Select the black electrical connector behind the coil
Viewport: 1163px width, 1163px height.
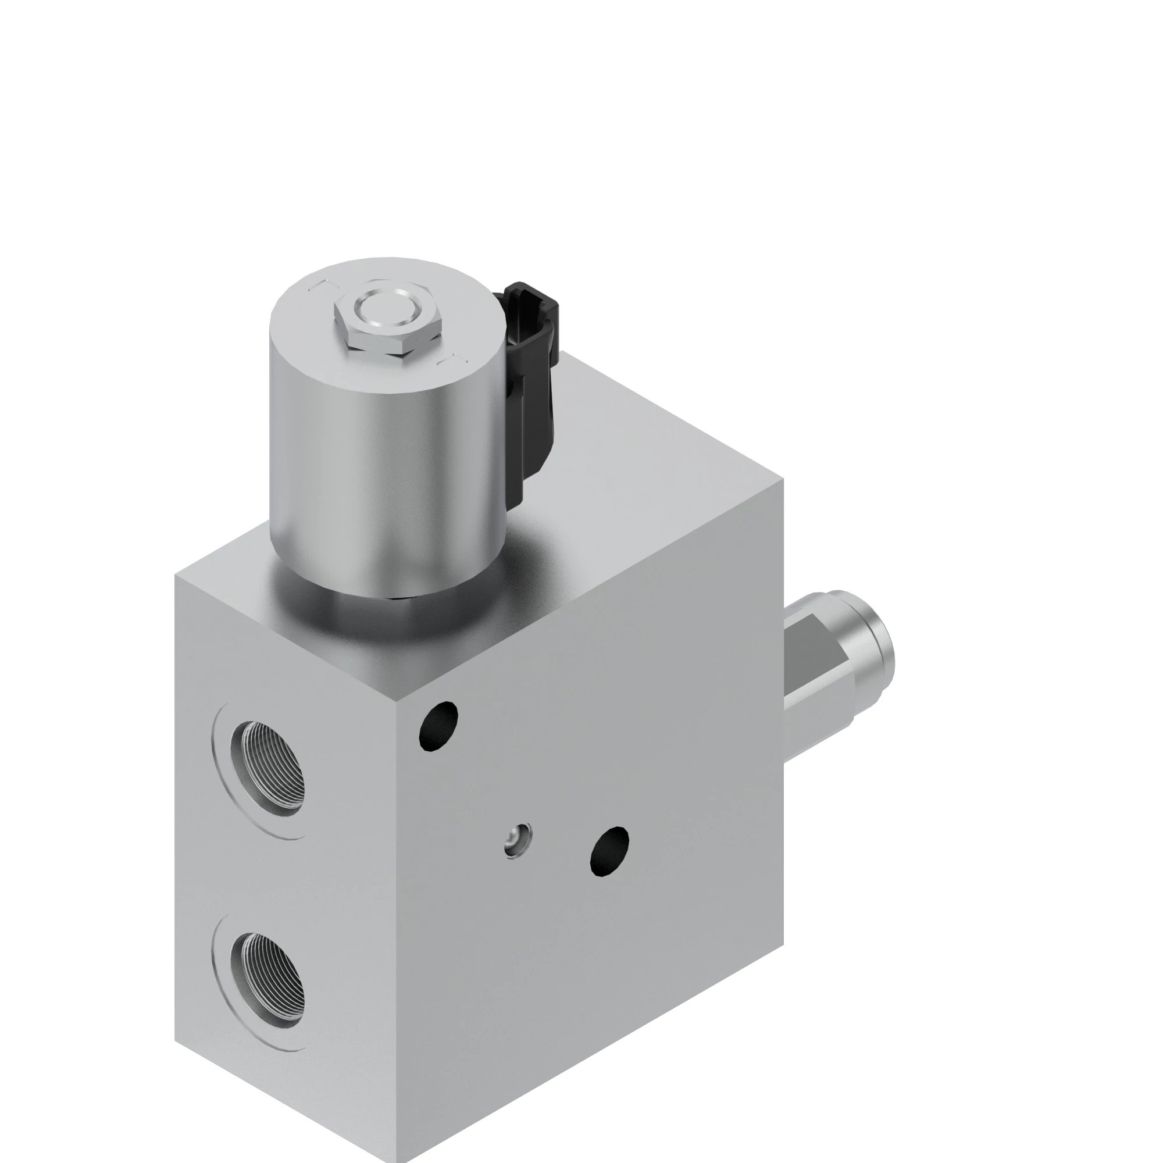533,391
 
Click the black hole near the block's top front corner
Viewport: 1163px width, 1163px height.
438,726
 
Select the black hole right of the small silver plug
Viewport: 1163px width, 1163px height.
610,852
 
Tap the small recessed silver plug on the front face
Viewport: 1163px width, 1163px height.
518,839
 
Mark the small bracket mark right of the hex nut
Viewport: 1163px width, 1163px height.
452,359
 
